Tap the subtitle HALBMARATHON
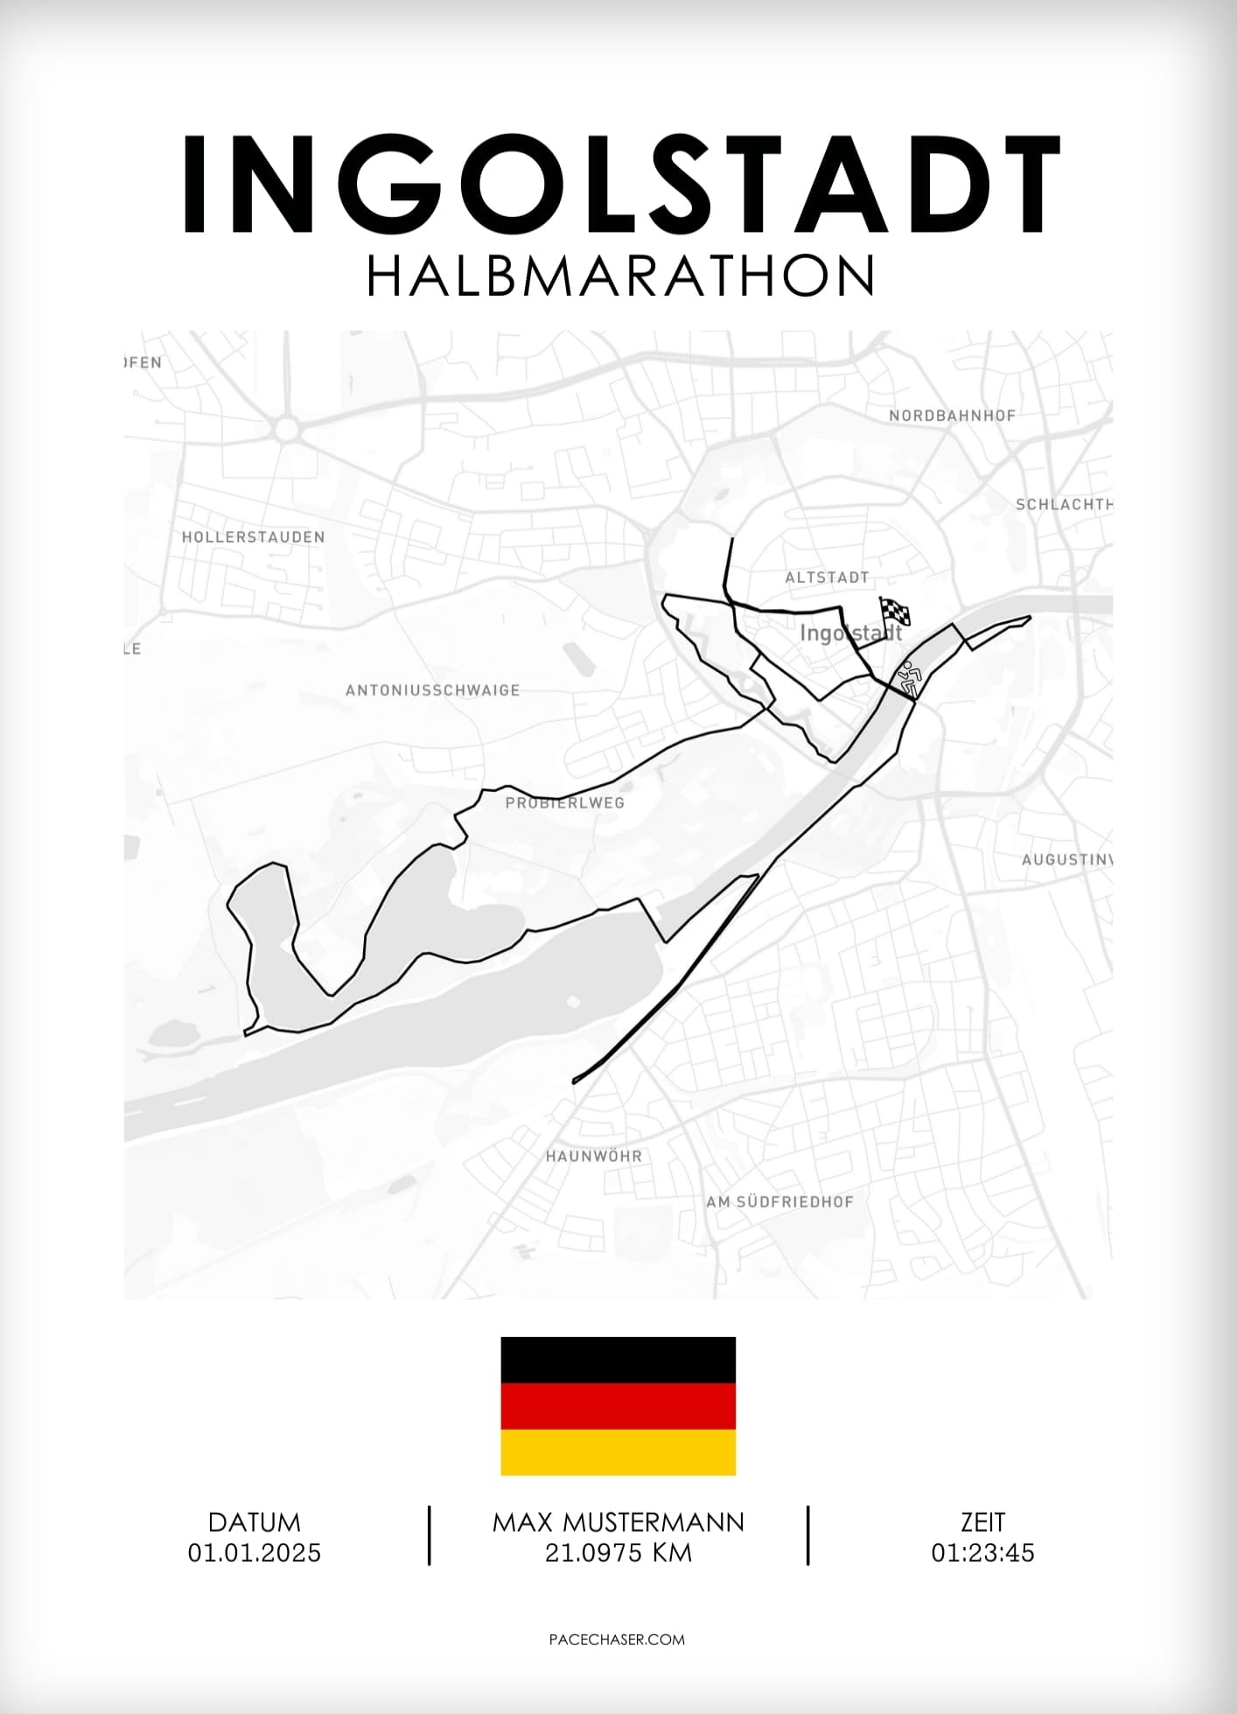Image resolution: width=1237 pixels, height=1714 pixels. pos(619,276)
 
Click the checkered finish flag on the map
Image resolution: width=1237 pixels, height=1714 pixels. pos(894,611)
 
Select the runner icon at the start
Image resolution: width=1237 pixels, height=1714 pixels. pos(910,679)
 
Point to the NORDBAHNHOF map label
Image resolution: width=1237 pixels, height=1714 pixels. pos(952,416)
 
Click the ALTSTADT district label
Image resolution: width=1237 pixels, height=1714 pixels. pos(827,577)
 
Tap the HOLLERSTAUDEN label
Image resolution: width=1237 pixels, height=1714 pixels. pos(253,537)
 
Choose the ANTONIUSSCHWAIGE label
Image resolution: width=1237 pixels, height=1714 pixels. pos(432,690)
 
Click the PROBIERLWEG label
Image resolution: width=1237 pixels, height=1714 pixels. pos(564,802)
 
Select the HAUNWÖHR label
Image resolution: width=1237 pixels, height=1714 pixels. pos(594,1156)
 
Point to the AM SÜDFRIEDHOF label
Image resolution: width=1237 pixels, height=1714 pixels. pos(779,1202)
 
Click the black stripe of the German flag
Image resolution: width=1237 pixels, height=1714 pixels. pos(618,1360)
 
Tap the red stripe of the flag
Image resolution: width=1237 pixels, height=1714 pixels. pos(618,1406)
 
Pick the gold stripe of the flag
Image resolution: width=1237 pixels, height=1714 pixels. pos(618,1452)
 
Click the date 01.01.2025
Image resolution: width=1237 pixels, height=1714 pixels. pos(255,1553)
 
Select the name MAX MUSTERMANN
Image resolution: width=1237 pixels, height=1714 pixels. pos(618,1522)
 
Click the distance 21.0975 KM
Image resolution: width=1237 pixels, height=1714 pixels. pos(618,1553)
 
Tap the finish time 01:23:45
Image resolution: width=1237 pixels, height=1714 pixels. pos(982,1553)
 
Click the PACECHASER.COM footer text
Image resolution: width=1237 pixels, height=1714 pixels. pos(617,1640)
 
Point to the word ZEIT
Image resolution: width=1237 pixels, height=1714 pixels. pos(982,1522)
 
